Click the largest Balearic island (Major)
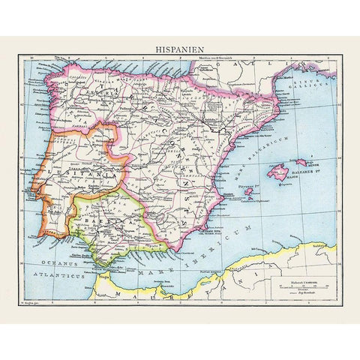tap(281, 172)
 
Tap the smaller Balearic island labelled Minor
tap(301, 161)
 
